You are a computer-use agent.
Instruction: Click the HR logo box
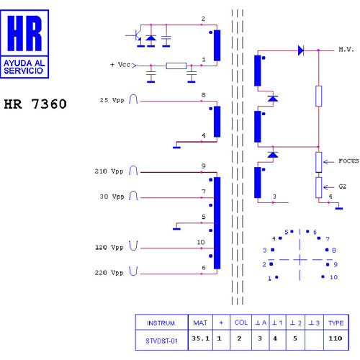coord(24,44)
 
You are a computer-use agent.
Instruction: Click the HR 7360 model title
coord(35,104)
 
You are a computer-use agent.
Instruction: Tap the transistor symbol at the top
coord(135,35)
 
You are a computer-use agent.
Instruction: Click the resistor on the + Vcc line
coord(176,66)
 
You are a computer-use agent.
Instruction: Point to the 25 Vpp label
coord(112,100)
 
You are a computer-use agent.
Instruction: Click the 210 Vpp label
coord(109,171)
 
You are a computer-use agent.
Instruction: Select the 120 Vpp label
coord(109,247)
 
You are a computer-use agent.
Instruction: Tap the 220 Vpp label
coord(109,273)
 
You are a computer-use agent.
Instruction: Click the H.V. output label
coord(346,50)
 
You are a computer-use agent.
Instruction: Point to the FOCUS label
coord(348,161)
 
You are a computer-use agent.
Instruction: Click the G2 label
coord(343,186)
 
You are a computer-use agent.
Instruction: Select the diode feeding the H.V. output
coord(301,50)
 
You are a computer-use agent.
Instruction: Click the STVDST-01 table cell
coord(161,341)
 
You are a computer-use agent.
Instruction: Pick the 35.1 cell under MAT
coord(200,338)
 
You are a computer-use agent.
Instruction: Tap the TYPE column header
coord(336,323)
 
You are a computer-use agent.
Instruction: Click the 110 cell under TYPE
coord(336,338)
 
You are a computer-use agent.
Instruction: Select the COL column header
coord(241,323)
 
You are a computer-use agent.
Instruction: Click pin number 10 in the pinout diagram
coord(333,277)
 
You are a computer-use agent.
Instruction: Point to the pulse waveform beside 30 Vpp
coord(133,195)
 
